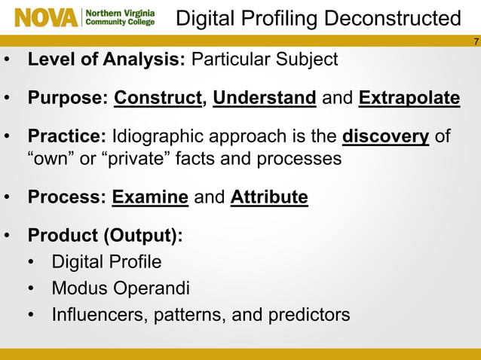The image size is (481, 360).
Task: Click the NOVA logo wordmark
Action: click(46, 17)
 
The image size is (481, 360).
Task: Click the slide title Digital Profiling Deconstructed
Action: click(317, 18)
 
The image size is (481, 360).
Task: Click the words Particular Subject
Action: click(265, 59)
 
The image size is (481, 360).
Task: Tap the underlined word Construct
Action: click(158, 99)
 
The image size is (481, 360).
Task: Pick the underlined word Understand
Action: click(264, 99)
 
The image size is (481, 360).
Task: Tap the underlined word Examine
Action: click(150, 198)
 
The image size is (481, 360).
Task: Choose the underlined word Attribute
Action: click(269, 198)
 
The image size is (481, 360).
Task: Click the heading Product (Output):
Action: click(105, 236)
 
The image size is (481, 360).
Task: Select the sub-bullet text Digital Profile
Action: click(106, 263)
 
